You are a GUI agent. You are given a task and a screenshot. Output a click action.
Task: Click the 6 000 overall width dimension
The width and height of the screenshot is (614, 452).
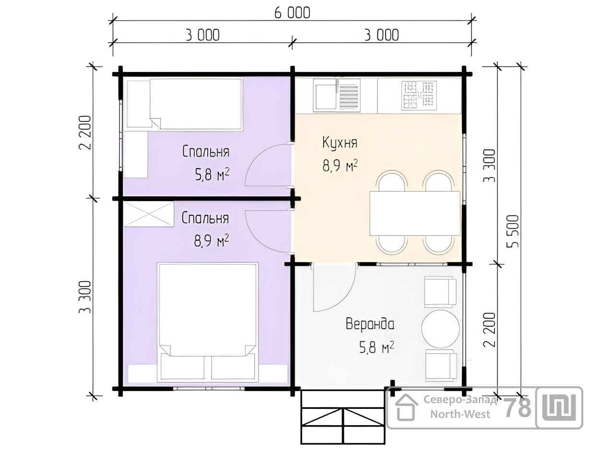click(x=292, y=13)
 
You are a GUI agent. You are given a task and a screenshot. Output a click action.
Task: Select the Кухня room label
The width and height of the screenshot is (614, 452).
click(x=340, y=143)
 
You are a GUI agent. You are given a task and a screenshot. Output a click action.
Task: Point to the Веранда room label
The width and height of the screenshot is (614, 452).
click(x=370, y=324)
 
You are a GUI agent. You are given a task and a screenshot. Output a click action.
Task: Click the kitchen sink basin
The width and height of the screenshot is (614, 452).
click(x=326, y=97)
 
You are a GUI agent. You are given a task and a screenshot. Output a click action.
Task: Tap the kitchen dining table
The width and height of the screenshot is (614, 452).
click(x=415, y=214)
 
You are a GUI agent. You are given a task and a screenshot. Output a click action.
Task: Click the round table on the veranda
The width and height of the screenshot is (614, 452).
click(x=440, y=329)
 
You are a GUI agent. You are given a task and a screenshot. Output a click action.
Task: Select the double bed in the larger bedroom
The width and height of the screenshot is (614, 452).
click(x=208, y=322)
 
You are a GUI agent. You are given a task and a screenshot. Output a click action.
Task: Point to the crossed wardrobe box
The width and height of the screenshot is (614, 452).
click(x=149, y=214)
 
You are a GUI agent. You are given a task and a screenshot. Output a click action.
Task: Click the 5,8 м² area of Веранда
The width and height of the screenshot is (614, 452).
click(x=377, y=348)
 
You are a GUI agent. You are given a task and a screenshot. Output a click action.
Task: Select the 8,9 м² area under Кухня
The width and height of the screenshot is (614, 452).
click(x=340, y=166)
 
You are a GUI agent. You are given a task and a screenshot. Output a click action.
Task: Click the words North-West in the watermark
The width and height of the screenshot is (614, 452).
click(x=460, y=414)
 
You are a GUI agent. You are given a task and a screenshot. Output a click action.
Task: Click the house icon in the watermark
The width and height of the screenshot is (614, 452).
click(x=406, y=407)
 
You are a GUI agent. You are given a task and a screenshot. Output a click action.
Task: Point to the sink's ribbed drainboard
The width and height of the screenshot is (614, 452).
click(x=349, y=96)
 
